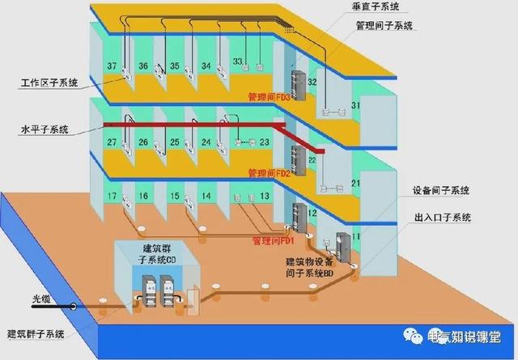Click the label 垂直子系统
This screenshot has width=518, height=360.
(376, 7)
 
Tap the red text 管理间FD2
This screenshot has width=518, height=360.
(269, 173)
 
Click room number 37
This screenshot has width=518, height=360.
(112, 66)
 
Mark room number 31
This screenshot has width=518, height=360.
(354, 106)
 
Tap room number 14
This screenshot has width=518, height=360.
(206, 197)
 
